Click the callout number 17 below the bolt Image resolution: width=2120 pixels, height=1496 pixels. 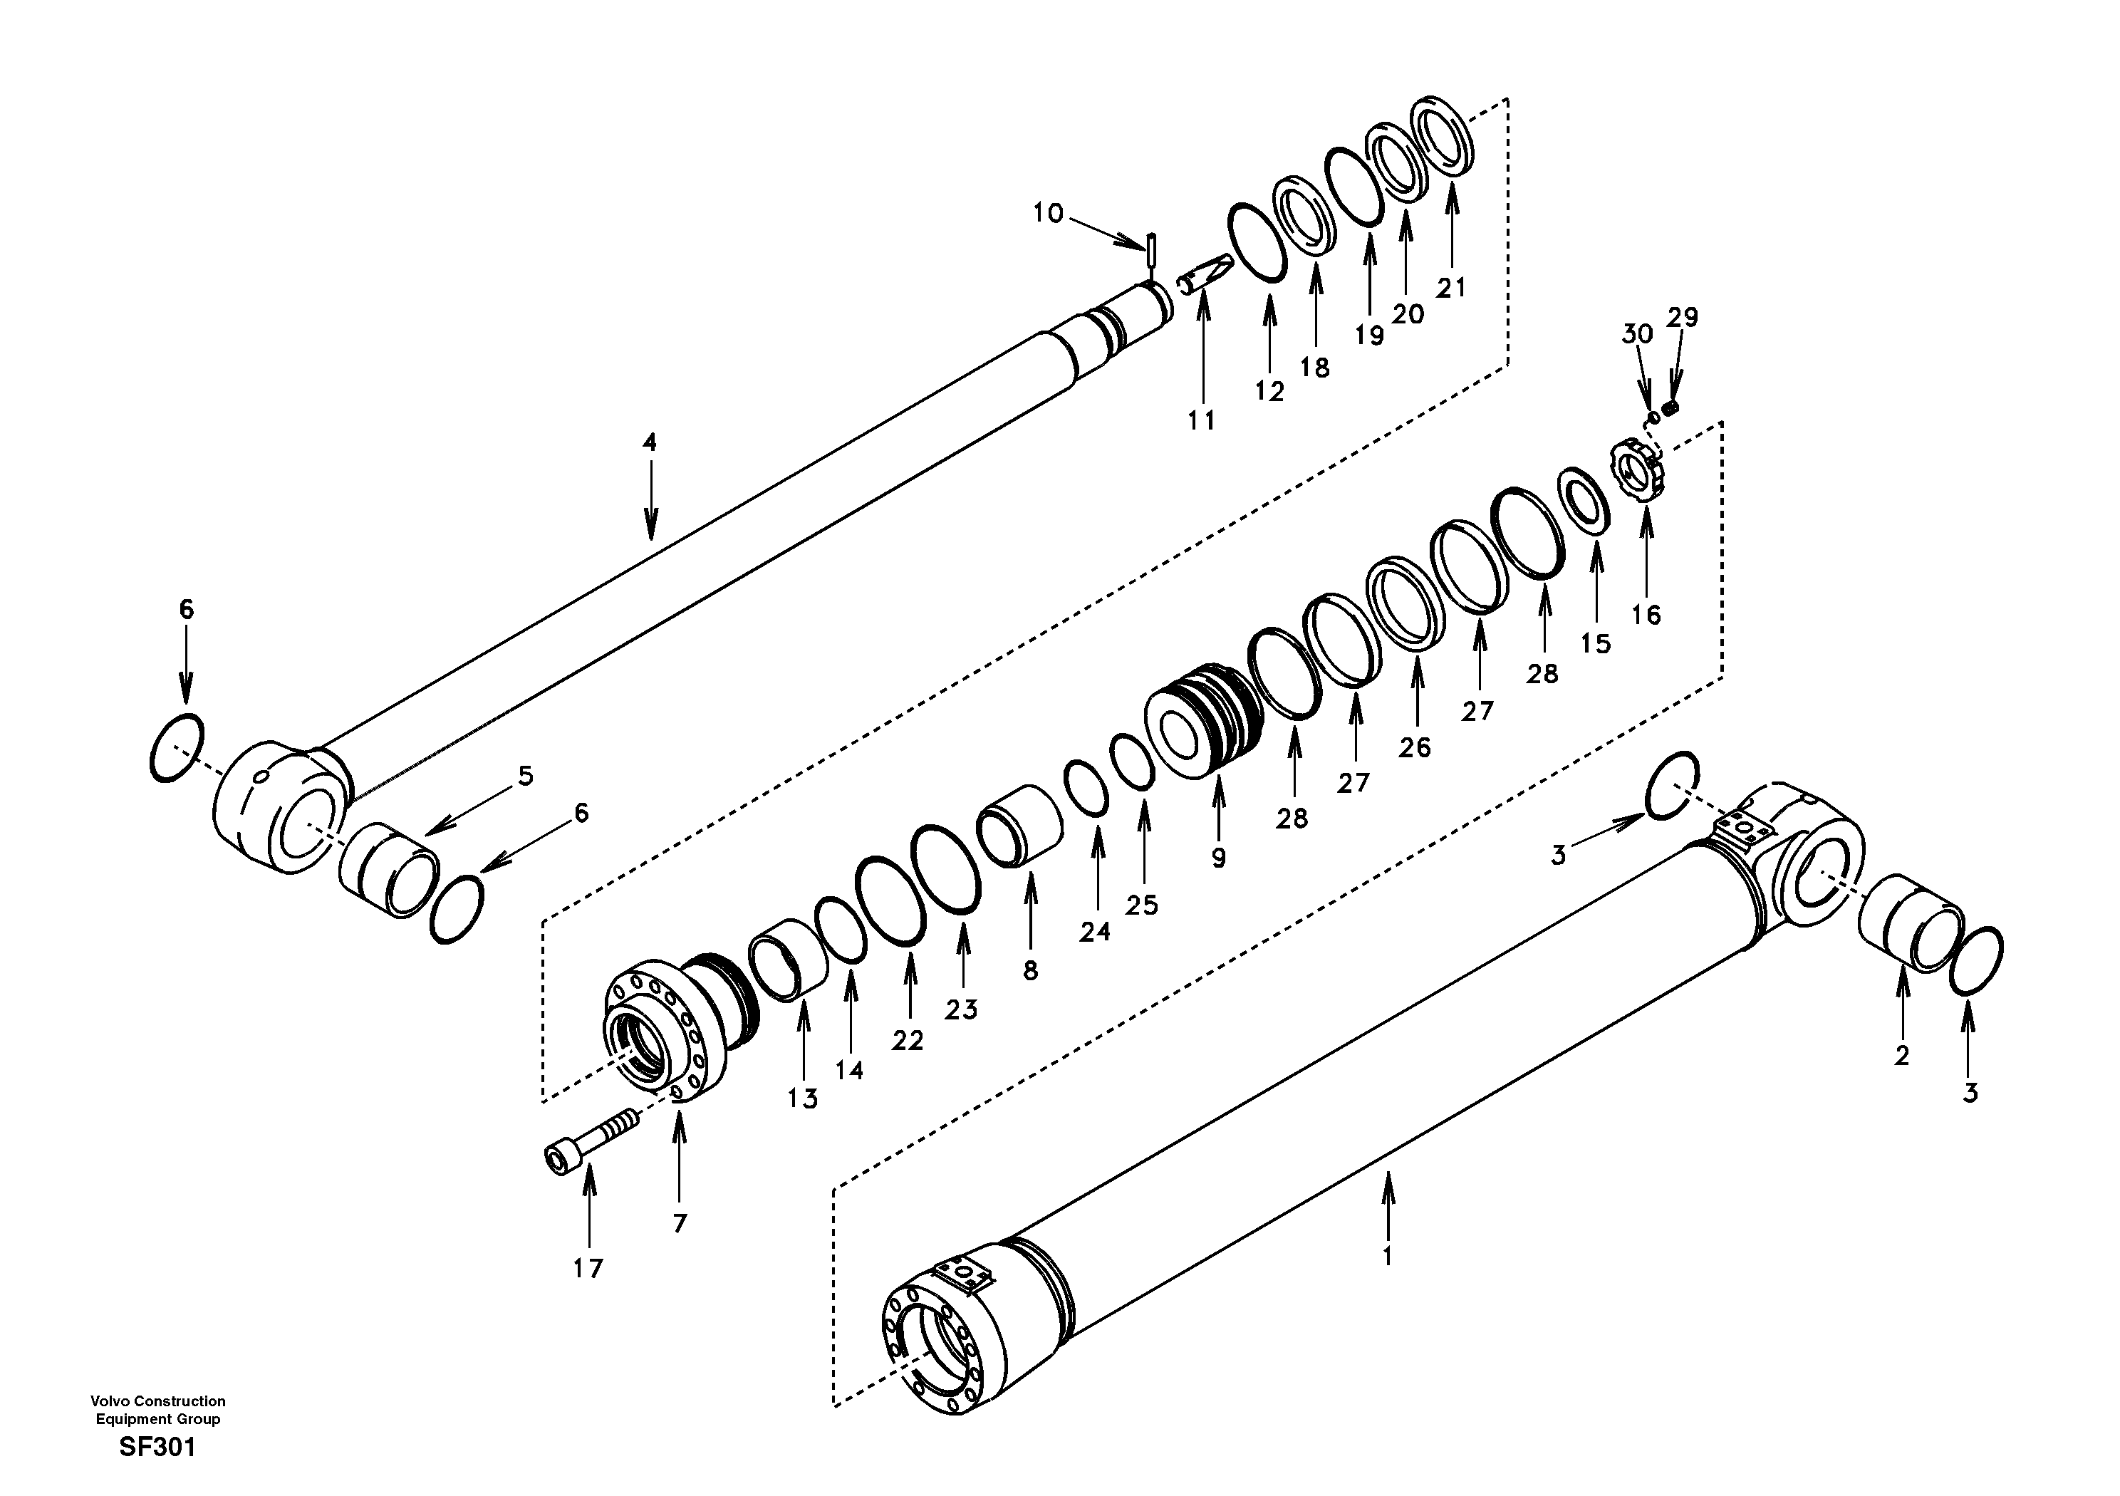coord(587,1269)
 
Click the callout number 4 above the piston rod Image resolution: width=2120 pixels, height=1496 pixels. coord(650,442)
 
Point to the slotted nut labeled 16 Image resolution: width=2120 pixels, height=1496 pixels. coord(1641,473)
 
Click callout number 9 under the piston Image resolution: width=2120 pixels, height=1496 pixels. coord(1219,858)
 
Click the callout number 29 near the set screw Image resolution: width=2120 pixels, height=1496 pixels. coord(1683,317)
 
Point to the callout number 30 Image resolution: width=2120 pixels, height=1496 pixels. coord(1637,333)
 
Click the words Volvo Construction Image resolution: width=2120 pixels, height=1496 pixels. coord(158,1401)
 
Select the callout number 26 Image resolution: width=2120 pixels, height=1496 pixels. coord(1413,747)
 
